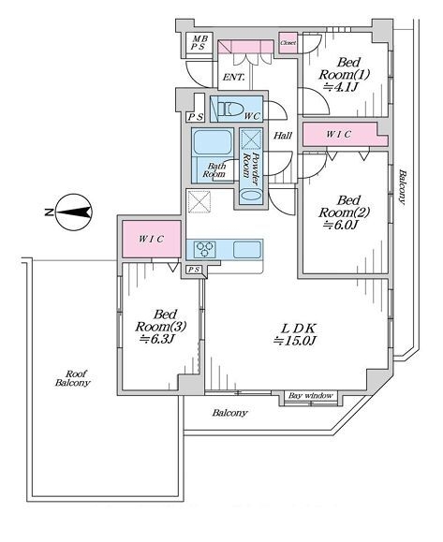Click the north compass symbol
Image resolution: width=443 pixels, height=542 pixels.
click(x=73, y=212)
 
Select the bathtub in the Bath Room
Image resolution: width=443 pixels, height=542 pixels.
click(x=212, y=142)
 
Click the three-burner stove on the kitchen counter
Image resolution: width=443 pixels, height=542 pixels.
click(x=204, y=249)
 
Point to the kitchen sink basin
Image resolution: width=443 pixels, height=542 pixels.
click(x=246, y=250)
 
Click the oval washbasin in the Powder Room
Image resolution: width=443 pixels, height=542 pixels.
click(x=251, y=195)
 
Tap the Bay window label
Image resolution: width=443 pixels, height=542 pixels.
click(x=311, y=395)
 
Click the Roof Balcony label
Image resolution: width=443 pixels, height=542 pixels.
click(x=73, y=378)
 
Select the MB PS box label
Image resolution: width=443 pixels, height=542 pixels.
click(x=199, y=43)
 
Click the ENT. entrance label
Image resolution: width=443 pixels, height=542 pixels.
click(x=234, y=78)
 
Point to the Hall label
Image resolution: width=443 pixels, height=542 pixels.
click(x=283, y=136)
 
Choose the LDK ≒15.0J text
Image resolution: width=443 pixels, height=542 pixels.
click(x=296, y=334)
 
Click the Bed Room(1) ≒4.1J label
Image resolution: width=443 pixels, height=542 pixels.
click(x=345, y=75)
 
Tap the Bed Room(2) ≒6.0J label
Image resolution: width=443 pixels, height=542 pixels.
click(x=345, y=212)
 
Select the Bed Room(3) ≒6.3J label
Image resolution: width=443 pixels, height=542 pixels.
click(x=161, y=327)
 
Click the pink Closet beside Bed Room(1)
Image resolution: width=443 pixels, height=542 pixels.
click(x=288, y=43)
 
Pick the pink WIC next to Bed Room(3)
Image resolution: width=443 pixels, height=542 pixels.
click(x=152, y=239)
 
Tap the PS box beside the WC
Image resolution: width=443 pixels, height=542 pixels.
click(x=196, y=117)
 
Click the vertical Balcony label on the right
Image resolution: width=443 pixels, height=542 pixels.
click(x=403, y=187)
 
